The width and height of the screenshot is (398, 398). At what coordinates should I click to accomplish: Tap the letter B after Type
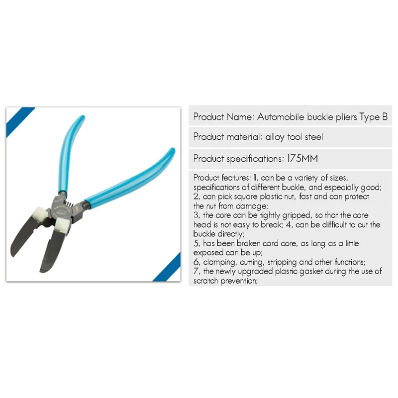pos(384,117)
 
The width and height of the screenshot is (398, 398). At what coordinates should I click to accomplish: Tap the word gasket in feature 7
pos(319,271)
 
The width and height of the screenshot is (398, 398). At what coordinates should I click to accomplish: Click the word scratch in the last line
pos(204,281)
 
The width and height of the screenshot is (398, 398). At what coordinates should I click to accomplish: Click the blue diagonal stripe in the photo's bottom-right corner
pos(166,269)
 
